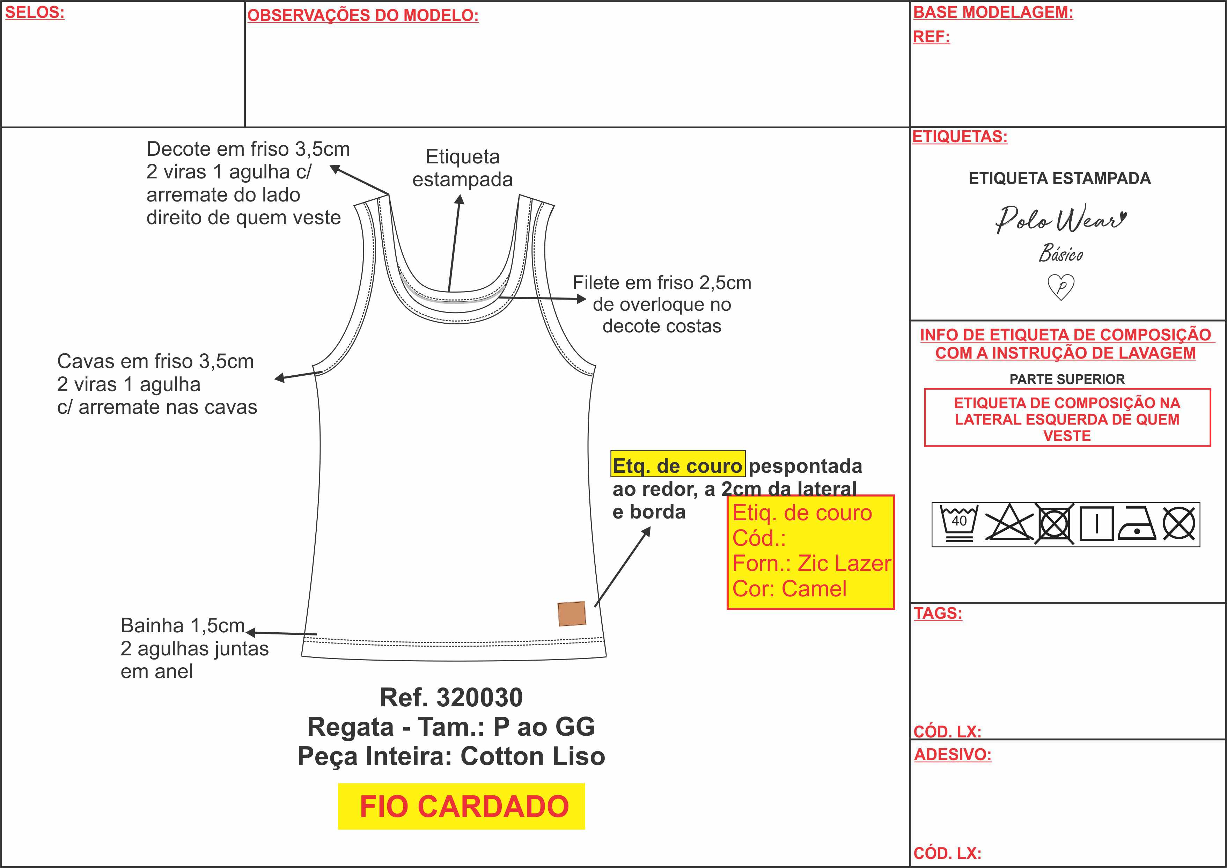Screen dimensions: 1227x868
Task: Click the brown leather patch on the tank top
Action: pyautogui.click(x=572, y=613)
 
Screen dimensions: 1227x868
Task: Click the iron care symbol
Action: pyautogui.click(x=1137, y=523)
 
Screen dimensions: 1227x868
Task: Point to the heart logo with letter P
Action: pyautogui.click(x=1061, y=287)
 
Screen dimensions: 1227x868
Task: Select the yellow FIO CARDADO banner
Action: pyautogui.click(x=461, y=807)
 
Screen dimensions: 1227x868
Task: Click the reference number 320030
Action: pyautogui.click(x=479, y=698)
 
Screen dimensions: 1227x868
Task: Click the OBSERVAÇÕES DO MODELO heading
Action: pyautogui.click(x=363, y=15)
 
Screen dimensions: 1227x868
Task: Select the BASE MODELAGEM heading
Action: pyautogui.click(x=993, y=12)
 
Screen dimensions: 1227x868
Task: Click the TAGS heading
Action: pyautogui.click(x=938, y=613)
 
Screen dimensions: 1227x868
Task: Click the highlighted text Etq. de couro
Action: pyautogui.click(x=678, y=465)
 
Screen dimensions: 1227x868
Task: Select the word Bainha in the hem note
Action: pyautogui.click(x=152, y=625)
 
